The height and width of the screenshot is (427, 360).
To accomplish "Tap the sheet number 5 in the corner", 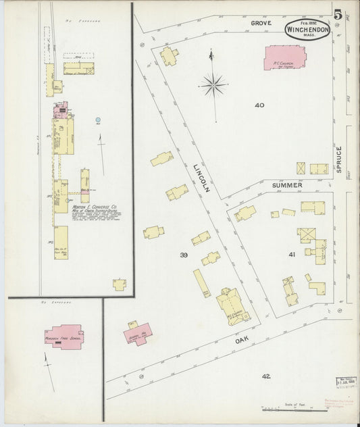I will [336, 13].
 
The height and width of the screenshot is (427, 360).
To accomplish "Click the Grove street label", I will [261, 23].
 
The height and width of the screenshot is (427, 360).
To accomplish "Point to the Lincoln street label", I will [201, 178].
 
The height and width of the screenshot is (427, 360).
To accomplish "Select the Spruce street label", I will [338, 160].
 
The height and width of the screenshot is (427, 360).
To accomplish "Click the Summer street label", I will [288, 184].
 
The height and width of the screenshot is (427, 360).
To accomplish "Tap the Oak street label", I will [241, 341].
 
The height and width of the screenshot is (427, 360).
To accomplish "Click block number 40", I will [259, 105].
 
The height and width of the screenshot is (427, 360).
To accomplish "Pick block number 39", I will [183, 255].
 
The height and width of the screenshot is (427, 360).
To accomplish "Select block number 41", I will [292, 255].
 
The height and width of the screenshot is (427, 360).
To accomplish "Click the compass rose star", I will [213, 84].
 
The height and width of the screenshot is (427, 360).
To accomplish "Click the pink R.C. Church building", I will [284, 58].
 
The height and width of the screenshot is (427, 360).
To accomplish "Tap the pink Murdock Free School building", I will [64, 336].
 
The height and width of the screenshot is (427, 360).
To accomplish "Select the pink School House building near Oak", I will [138, 333].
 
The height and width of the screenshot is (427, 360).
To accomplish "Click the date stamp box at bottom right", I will [345, 381].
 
